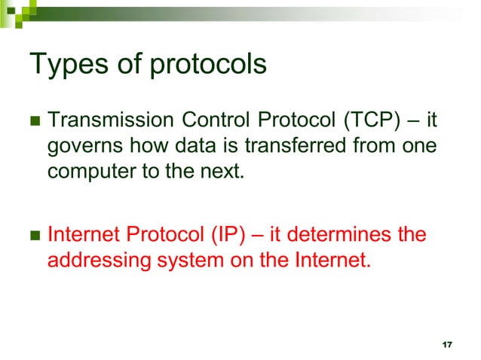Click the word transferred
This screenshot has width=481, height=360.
tap(284, 145)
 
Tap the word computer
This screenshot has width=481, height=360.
tap(85, 171)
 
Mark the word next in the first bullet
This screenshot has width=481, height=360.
tap(222, 171)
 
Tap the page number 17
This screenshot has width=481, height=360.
tap(447, 344)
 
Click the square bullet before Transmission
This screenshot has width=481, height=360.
tap(33, 121)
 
